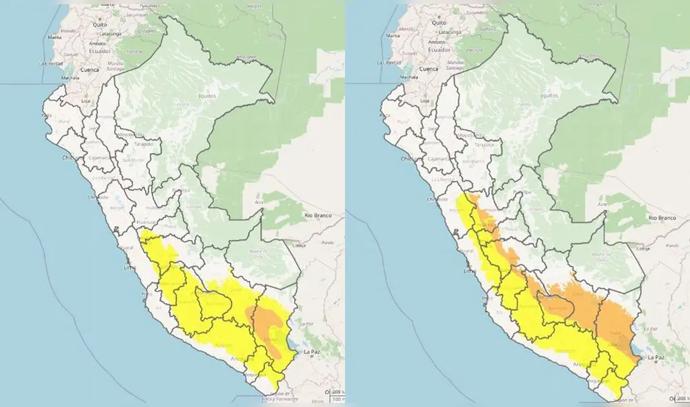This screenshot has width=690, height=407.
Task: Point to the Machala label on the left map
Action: click(x=70, y=78)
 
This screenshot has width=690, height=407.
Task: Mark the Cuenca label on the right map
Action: click(x=429, y=70)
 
